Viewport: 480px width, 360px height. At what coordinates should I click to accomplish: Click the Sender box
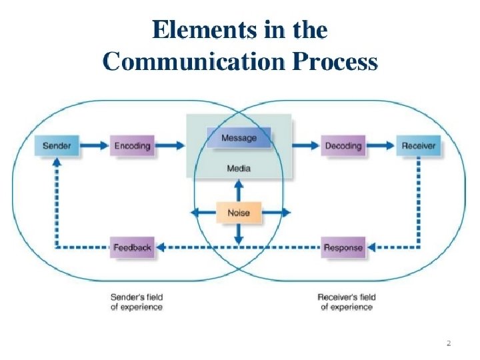[x=57, y=145]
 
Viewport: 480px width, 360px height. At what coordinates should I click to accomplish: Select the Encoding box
[x=133, y=145]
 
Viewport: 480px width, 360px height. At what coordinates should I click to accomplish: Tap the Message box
[x=239, y=138]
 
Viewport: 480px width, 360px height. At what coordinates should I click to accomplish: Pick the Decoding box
[x=343, y=145]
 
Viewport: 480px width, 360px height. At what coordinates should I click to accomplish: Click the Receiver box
[x=419, y=145]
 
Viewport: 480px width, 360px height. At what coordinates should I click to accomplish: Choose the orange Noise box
[x=239, y=213]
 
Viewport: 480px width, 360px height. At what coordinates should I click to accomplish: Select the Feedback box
[x=132, y=247]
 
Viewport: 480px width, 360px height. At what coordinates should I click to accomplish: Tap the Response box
[x=343, y=247]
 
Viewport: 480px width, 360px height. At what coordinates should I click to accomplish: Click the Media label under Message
[x=239, y=169]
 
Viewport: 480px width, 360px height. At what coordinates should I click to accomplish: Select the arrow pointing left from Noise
[x=203, y=213]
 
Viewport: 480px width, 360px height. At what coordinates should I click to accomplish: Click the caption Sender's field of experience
[x=136, y=301]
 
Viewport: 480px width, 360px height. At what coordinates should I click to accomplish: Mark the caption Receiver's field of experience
[x=347, y=301]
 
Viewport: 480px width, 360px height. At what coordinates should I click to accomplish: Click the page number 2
[x=449, y=343]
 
